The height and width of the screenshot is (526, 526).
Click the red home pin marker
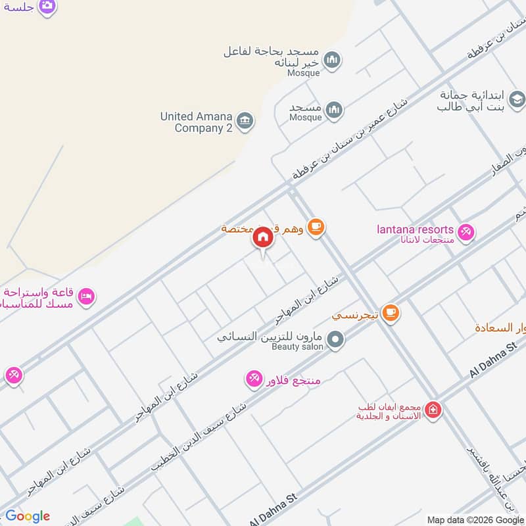(x=262, y=237)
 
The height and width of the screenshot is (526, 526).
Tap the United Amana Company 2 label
(x=196, y=122)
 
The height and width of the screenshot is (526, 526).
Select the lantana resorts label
(x=415, y=229)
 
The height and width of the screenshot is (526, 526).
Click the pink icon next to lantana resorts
(x=466, y=232)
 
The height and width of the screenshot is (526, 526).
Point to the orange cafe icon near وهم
(x=316, y=227)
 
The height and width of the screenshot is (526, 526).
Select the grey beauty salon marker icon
(x=335, y=341)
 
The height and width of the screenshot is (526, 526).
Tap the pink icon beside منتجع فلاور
(x=254, y=378)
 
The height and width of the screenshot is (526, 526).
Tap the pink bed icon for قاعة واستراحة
(x=87, y=297)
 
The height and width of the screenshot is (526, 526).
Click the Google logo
(x=28, y=516)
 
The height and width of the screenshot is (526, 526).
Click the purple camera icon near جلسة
(x=47, y=5)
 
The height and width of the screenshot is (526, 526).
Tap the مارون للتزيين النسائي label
(x=270, y=336)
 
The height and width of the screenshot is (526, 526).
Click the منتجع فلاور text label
(x=292, y=379)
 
